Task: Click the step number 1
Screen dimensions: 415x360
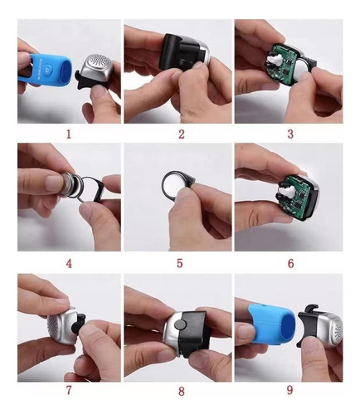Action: click(70, 131)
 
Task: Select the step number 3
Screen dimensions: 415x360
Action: click(289, 132)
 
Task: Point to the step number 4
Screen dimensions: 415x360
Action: click(69, 264)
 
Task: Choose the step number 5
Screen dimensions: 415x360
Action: click(181, 264)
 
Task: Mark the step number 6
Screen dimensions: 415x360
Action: click(290, 264)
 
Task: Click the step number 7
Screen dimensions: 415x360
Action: click(68, 390)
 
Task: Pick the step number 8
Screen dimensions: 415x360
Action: click(181, 390)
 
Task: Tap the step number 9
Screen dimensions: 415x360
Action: click(290, 390)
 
